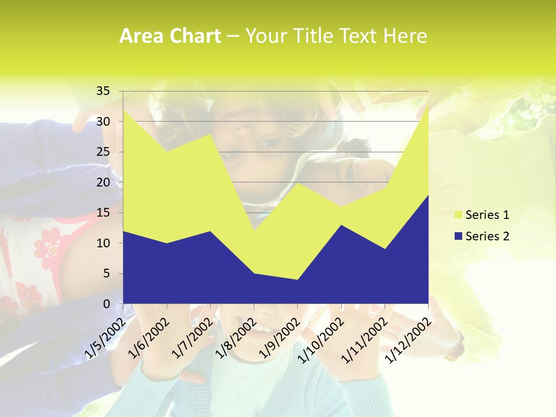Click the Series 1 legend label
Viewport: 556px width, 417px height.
pyautogui.click(x=487, y=215)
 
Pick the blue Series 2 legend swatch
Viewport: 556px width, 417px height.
pyautogui.click(x=458, y=236)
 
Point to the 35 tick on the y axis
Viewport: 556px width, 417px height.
pyautogui.click(x=103, y=91)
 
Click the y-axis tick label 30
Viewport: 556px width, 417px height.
pyautogui.click(x=103, y=122)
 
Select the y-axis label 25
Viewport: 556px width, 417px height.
pyautogui.click(x=103, y=152)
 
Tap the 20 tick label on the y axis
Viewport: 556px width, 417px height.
pyautogui.click(x=103, y=182)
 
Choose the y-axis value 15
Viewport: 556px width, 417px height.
pyautogui.click(x=103, y=213)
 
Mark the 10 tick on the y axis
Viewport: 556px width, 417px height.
pyautogui.click(x=103, y=243)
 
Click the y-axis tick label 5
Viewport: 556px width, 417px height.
pyautogui.click(x=106, y=273)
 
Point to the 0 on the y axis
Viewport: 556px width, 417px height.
pyautogui.click(x=106, y=303)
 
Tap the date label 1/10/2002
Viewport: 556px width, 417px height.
pyautogui.click(x=320, y=341)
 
